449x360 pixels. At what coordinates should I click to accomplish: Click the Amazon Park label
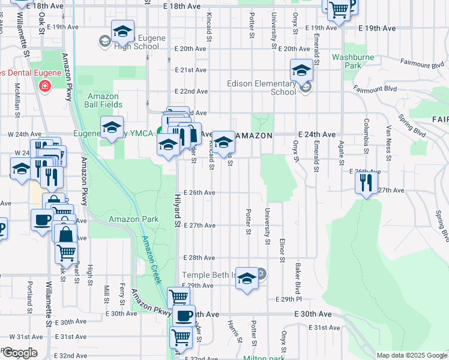pos(134,220)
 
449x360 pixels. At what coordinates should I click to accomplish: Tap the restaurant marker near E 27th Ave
pos(366,182)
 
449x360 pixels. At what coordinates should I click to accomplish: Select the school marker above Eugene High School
pos(122,32)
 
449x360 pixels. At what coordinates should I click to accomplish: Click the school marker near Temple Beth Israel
pos(247,278)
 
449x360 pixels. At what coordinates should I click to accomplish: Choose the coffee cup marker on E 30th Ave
pos(184,316)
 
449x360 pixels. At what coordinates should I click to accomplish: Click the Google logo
pos(19,353)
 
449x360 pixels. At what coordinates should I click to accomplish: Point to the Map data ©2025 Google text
pos(411,355)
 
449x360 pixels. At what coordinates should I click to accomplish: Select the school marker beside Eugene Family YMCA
pos(112,128)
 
